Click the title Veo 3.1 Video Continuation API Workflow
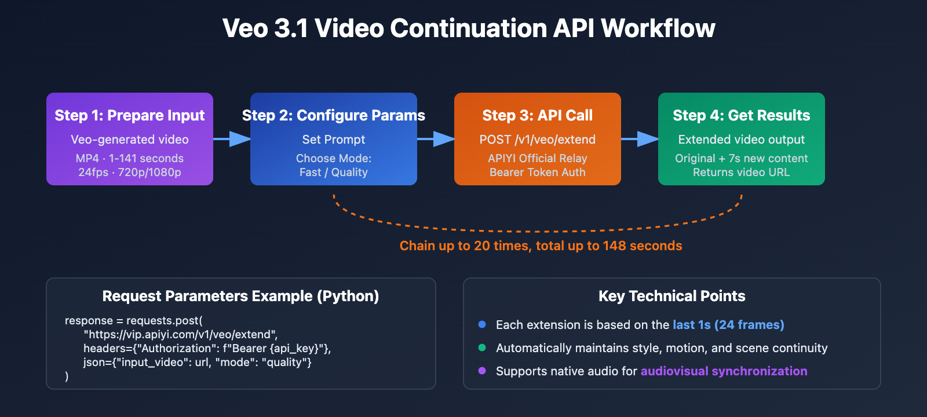click(x=468, y=28)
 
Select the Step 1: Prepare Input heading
click(x=130, y=115)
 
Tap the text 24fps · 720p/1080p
click(x=130, y=172)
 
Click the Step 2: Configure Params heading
click(x=334, y=115)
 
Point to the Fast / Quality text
click(x=334, y=172)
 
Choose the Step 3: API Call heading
click(x=538, y=115)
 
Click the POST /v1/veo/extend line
click(x=538, y=140)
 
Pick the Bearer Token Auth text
click(x=538, y=172)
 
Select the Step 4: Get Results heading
click(x=742, y=115)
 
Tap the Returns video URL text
click(x=742, y=172)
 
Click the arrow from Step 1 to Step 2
click(x=232, y=139)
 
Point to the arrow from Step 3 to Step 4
click(x=640, y=139)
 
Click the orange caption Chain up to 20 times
click(x=541, y=246)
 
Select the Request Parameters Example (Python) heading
click(x=240, y=296)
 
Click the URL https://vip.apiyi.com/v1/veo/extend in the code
click(x=181, y=334)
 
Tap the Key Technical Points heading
click(x=672, y=296)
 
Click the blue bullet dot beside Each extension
click(x=482, y=324)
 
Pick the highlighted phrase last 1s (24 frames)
click(x=728, y=325)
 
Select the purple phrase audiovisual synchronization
click(x=724, y=371)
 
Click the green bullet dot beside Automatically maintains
click(x=482, y=348)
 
